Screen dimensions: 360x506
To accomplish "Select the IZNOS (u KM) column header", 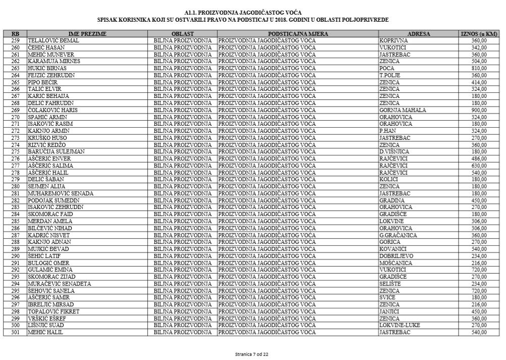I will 479,34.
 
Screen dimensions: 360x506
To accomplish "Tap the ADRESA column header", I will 418,34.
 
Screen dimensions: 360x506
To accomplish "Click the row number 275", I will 15,151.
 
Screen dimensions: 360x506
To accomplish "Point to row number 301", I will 15,333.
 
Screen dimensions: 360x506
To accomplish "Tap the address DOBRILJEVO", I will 396,256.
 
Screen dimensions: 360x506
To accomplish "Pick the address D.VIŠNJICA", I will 394,151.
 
